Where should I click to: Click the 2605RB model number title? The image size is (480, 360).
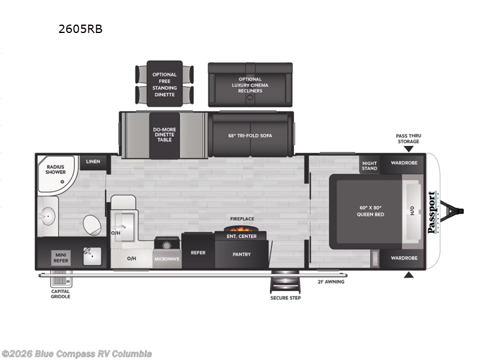pos(80,29)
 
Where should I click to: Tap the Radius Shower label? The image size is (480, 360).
pos(55,169)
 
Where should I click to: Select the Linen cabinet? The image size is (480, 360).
pos(94,163)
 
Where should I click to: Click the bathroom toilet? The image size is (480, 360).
pos(92,226)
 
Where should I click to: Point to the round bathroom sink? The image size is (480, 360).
pos(48,216)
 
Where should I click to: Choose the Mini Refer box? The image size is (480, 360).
pos(61,258)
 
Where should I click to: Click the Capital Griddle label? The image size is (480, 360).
pos(61,294)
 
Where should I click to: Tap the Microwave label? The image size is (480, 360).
pos(167,259)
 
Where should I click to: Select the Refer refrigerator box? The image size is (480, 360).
pos(198,251)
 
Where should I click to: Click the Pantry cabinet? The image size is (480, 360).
pos(242,254)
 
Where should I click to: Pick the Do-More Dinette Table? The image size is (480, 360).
pos(164,135)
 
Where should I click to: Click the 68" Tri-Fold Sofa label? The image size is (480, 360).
pos(250,136)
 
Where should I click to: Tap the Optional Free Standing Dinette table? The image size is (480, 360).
pos(164,84)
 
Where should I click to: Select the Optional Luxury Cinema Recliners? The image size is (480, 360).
pos(250,85)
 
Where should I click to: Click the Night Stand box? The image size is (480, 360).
pos(370,166)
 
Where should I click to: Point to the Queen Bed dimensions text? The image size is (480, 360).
pos(370,208)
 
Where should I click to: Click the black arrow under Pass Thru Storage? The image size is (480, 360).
pos(409,149)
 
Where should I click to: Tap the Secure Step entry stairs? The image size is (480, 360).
pos(285,281)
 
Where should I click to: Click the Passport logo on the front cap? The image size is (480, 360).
pos(432,212)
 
